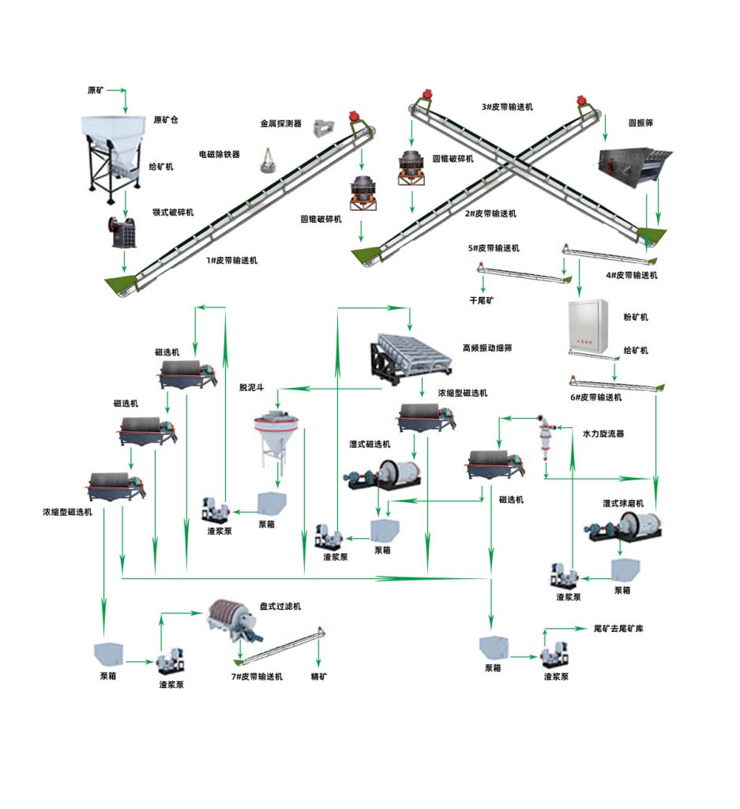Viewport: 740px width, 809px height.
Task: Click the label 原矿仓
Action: tap(166, 120)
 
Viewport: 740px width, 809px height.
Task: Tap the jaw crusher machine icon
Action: tap(123, 230)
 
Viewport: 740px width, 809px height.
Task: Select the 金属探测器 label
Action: tap(281, 123)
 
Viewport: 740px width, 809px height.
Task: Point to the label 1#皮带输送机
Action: tap(231, 260)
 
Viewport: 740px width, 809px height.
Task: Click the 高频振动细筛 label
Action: tap(487, 348)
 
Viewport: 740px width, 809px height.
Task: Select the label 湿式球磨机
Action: tap(623, 503)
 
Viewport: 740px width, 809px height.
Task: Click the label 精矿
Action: tap(319, 676)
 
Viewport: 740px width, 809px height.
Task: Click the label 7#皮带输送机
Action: tap(257, 677)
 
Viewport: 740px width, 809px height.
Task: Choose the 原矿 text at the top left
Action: tap(96, 90)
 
